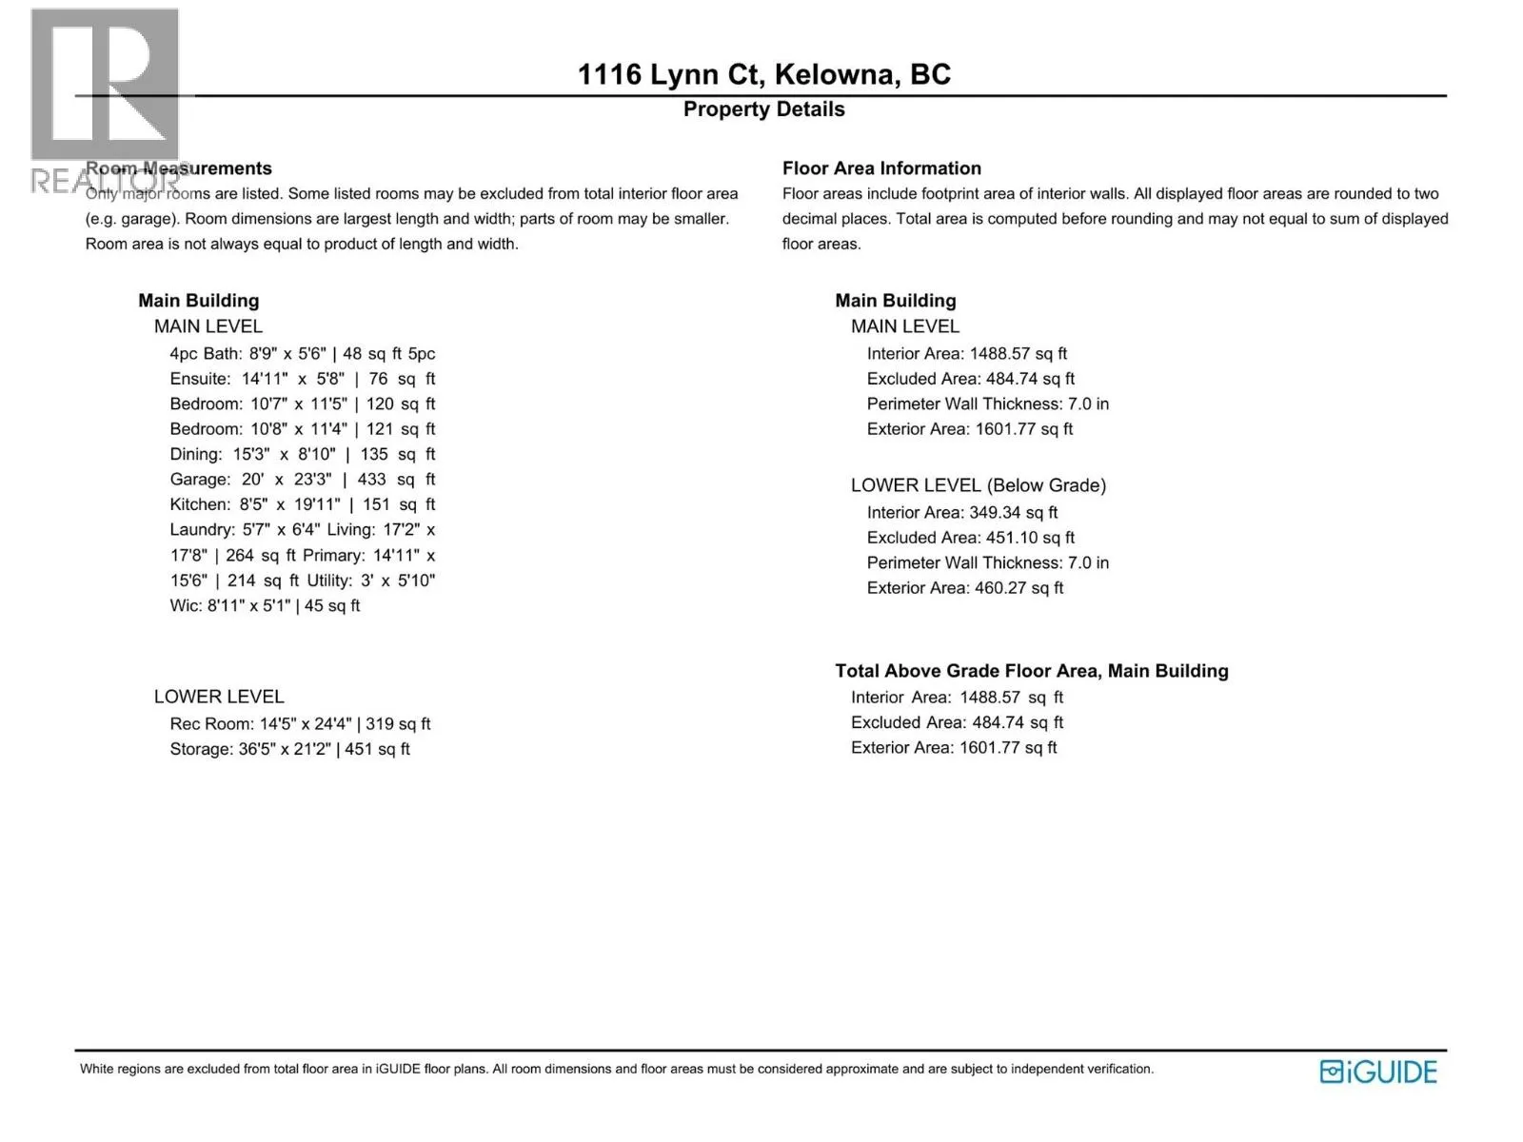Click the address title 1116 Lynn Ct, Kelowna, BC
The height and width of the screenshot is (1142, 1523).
[x=763, y=74]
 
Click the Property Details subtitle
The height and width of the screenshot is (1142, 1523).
[x=763, y=109]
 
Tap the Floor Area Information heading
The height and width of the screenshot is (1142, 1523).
[x=881, y=168]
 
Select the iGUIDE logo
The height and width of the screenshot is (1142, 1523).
[x=1378, y=1072]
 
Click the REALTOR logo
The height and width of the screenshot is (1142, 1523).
[x=105, y=100]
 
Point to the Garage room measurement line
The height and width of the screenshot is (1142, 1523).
[x=302, y=480]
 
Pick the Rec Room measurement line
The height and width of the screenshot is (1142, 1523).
[x=300, y=724]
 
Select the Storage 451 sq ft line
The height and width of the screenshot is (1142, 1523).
[x=289, y=750]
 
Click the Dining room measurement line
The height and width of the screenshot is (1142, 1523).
[x=302, y=455]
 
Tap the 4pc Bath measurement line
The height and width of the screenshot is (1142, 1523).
[x=302, y=354]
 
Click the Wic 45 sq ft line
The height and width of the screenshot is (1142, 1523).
[x=265, y=606]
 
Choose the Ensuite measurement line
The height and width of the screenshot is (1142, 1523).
[x=302, y=379]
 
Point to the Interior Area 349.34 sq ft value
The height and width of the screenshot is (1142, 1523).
[x=961, y=513]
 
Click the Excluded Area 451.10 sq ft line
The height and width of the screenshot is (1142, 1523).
[x=970, y=538]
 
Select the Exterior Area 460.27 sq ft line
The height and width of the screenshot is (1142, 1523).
[x=964, y=588]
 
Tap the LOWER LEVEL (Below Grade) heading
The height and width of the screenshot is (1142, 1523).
[x=978, y=485]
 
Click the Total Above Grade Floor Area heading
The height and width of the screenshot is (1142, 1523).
[x=1031, y=671]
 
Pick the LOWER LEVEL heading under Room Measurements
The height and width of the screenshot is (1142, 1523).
[x=219, y=697]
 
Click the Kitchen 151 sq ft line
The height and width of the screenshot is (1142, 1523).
[x=302, y=504]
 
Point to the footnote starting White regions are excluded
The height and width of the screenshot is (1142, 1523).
[x=616, y=1070]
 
